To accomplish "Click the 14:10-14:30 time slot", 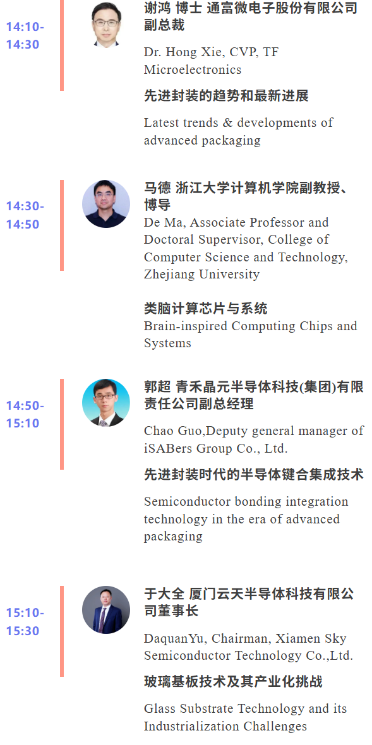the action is coord(25,35).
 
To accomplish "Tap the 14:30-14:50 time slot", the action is coord(25,215).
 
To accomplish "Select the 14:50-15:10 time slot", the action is coord(25,414).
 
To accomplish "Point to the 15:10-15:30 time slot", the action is coord(25,622).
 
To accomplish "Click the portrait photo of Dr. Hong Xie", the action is coord(106,24).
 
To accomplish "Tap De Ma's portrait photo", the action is coord(106,204).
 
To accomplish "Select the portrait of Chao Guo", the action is coord(106,402).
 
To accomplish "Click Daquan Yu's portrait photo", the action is coord(106,610).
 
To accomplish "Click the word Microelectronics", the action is coord(193,70).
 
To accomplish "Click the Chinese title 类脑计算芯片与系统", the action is coord(206,309).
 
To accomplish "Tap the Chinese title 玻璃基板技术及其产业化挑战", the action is coord(233,682).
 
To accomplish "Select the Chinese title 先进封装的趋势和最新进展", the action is coord(227,96).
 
